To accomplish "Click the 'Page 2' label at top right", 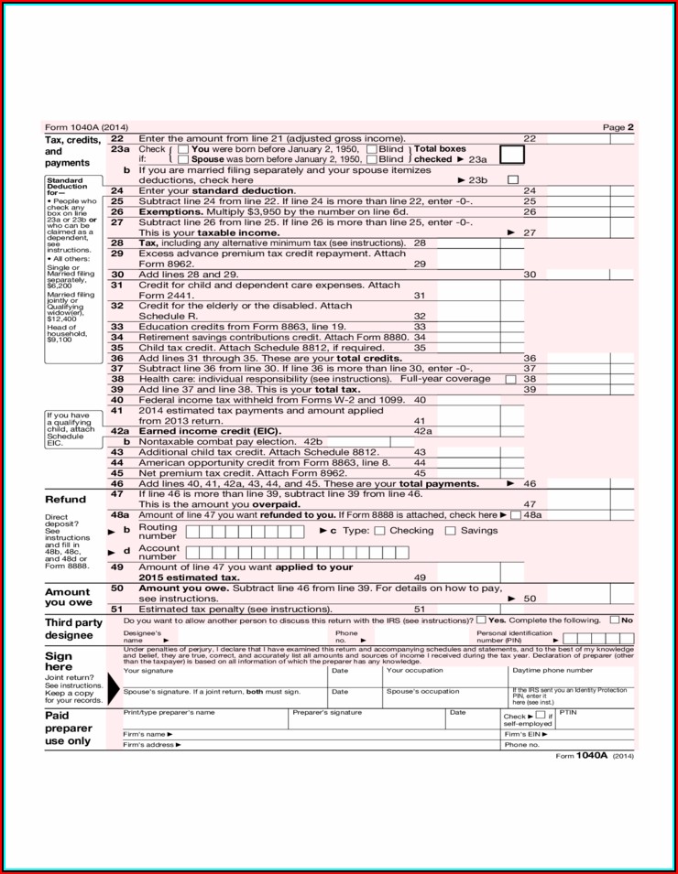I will coord(618,127).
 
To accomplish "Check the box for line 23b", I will coord(512,179).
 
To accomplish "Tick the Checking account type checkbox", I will coord(380,531).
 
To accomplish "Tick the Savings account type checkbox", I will coord(450,531).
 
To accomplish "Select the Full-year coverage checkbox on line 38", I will coord(510,379).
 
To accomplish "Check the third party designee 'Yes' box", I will coord(481,620).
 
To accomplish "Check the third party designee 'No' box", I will coord(614,620).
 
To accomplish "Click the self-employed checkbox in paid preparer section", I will coord(541,715).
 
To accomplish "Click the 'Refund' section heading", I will coord(65,500).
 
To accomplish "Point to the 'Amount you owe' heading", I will coord(68,597).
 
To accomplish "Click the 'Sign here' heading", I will coord(59,662).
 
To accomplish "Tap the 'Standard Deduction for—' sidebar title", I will coord(65,187).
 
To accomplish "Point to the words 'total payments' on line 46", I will coord(439,483).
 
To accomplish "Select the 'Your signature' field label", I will coord(148,671).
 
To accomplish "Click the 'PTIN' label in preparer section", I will coord(567,712).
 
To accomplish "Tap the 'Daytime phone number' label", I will coord(552,671).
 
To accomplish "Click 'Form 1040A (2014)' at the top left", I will coord(86,127).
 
